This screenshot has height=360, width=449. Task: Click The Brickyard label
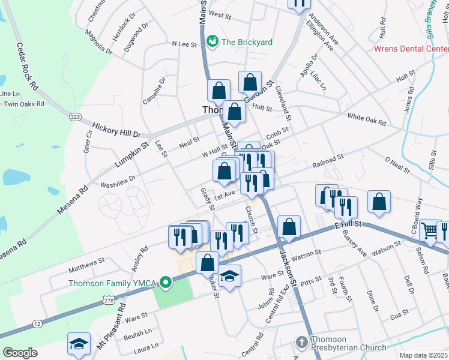pyautogui.click(x=247, y=42)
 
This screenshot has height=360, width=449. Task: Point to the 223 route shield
pyautogui.click(x=75, y=116)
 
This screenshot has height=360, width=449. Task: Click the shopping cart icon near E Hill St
pyautogui.click(x=430, y=229)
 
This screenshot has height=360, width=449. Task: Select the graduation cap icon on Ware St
pyautogui.click(x=229, y=276)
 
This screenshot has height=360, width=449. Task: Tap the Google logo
pyautogui.click(x=20, y=352)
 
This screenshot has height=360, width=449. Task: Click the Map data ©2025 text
pyautogui.click(x=423, y=355)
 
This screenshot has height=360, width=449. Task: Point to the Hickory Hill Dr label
pyautogui.click(x=116, y=130)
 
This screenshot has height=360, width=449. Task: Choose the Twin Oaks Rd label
pyautogui.click(x=24, y=104)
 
